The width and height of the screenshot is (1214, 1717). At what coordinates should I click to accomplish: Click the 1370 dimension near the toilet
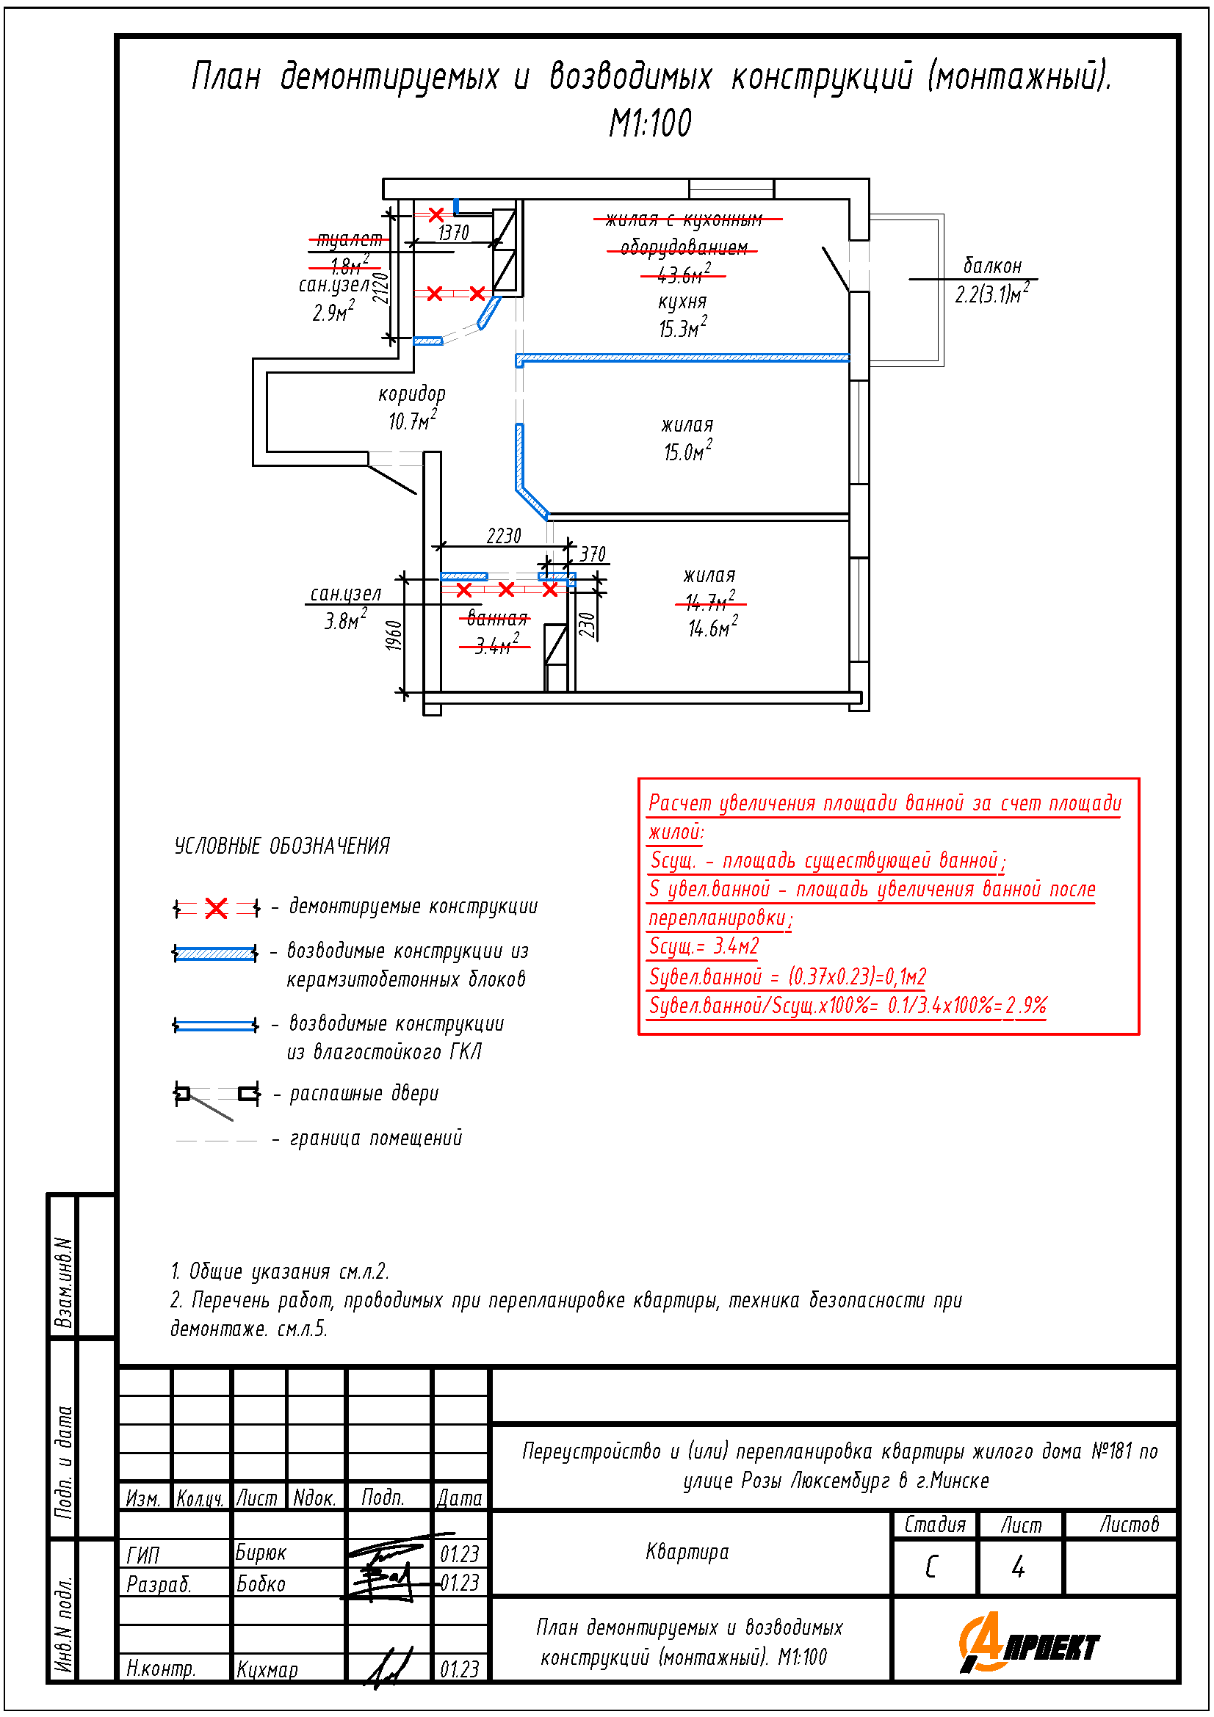click(x=453, y=233)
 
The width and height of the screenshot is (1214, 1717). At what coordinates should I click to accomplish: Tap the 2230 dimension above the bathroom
click(x=503, y=535)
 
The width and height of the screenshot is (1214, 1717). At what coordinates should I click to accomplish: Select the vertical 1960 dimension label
click(x=394, y=636)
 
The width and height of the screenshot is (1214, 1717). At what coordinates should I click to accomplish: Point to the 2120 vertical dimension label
click(x=380, y=288)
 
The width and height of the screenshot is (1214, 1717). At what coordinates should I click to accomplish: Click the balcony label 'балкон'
click(x=992, y=266)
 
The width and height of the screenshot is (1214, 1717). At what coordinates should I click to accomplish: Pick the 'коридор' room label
click(x=411, y=393)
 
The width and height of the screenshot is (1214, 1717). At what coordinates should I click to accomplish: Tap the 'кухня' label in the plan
click(x=682, y=302)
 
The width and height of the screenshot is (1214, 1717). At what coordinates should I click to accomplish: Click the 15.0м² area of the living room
click(x=687, y=451)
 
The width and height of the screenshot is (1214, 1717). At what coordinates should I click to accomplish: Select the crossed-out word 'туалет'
click(x=350, y=239)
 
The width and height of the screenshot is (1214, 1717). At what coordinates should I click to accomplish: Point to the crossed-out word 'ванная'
click(x=497, y=618)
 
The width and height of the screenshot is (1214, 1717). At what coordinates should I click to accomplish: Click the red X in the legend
click(x=216, y=909)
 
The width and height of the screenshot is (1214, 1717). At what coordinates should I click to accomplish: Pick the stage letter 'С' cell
click(x=931, y=1567)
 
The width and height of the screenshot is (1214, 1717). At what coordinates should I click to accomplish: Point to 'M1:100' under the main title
click(x=650, y=123)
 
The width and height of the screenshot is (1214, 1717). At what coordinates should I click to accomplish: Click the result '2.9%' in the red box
click(x=1026, y=1005)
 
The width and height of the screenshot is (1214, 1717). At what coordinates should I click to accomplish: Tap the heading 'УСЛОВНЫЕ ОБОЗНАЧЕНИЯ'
click(x=282, y=846)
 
